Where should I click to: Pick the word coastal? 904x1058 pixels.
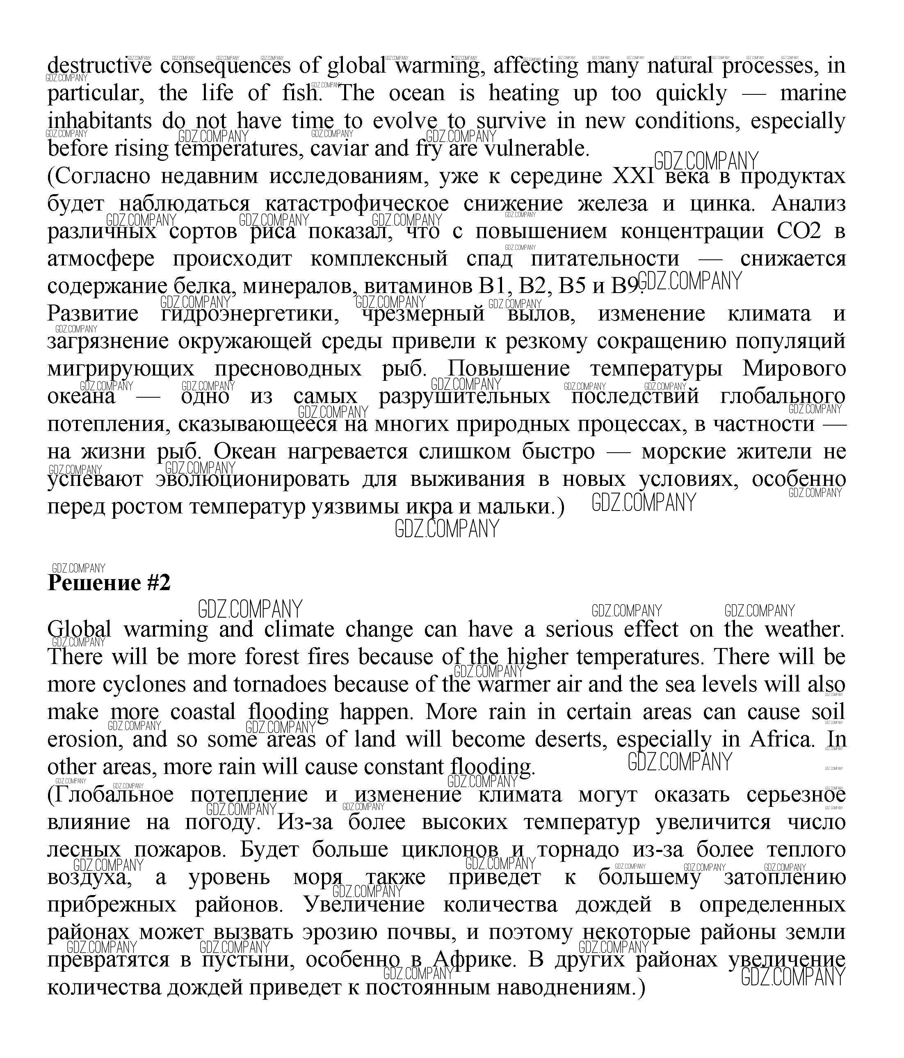pos(203,712)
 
